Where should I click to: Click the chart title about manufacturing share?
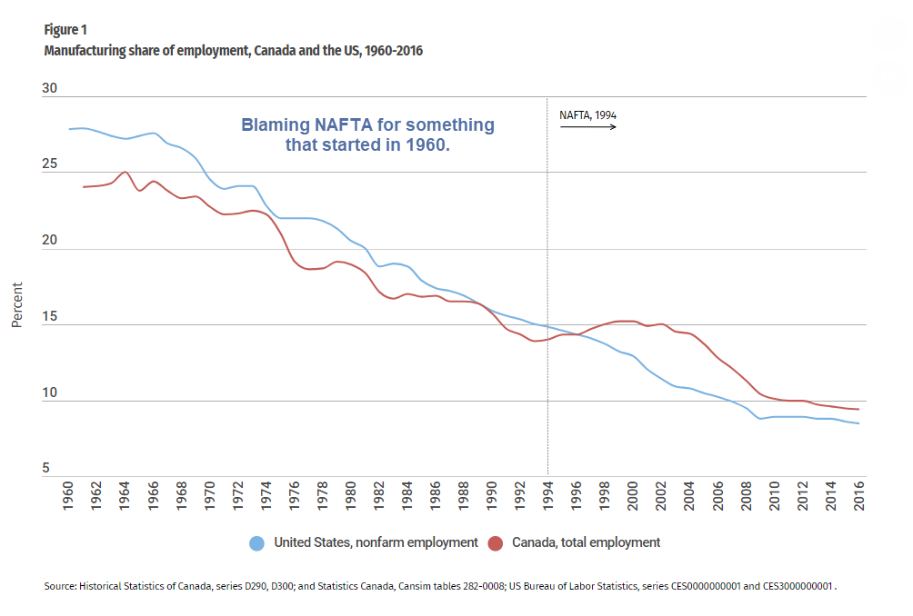click(x=234, y=51)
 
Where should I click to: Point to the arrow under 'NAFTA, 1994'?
click(x=587, y=127)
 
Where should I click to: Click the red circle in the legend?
click(x=496, y=543)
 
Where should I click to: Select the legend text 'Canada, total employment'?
click(x=586, y=542)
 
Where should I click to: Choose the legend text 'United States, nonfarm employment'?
click(x=376, y=542)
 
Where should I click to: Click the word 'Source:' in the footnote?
click(x=62, y=587)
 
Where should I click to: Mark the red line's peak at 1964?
click(x=125, y=172)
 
